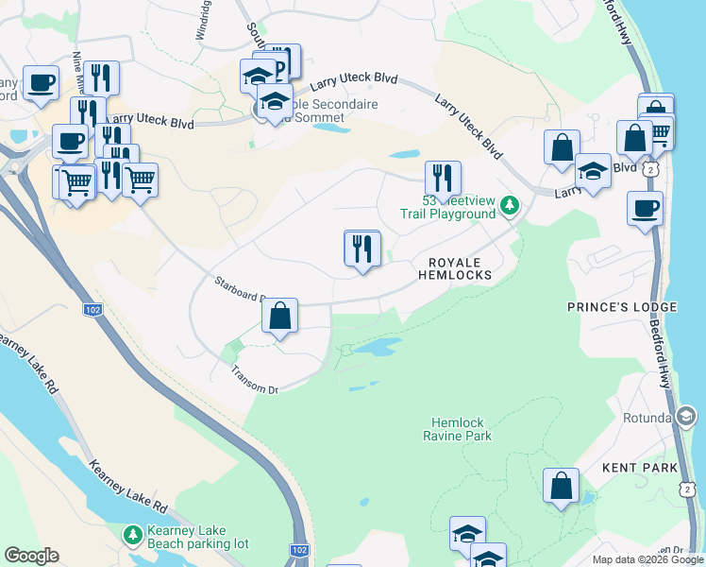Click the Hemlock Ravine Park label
(462, 429)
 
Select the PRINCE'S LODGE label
(621, 307)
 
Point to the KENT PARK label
(640, 468)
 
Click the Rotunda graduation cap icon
(686, 417)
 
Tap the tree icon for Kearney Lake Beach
(133, 536)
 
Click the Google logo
(31, 556)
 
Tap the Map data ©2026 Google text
(647, 559)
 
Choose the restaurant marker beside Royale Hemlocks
(362, 250)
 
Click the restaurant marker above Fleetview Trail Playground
(443, 179)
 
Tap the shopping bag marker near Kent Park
(561, 487)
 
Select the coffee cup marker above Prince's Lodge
(645, 209)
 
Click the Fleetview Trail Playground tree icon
(510, 205)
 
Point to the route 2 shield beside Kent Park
(687, 488)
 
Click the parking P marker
(282, 61)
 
